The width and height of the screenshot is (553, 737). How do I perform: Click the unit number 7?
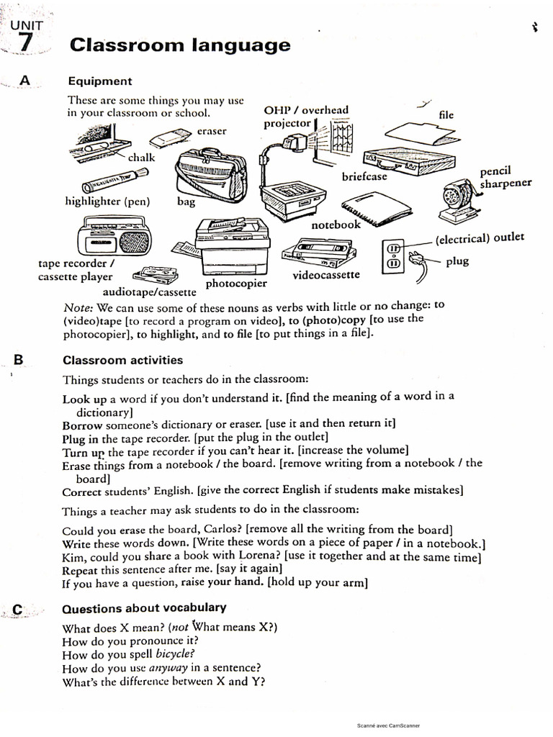click(25, 42)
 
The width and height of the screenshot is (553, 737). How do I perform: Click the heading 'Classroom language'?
click(180, 45)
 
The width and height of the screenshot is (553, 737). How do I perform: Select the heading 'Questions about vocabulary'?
click(144, 607)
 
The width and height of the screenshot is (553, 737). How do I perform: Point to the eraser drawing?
click(170, 138)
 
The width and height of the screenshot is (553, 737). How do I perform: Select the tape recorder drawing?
click(112, 238)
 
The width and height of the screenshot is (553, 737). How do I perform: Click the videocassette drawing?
click(320, 254)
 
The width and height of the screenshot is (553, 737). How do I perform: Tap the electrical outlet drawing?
click(394, 255)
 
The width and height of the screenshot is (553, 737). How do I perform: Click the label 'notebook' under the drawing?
click(336, 225)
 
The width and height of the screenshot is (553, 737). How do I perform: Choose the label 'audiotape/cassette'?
click(149, 292)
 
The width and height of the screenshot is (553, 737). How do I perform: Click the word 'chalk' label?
click(141, 157)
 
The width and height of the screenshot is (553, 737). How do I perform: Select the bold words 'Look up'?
click(84, 399)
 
